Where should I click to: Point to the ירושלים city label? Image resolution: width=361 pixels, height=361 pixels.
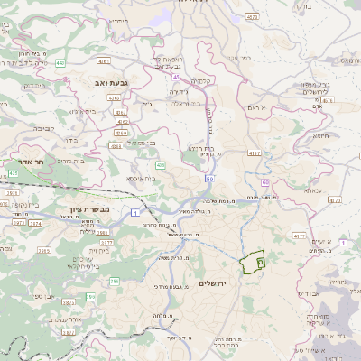click(214, 283)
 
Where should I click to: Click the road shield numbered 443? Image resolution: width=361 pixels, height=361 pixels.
click(60, 62)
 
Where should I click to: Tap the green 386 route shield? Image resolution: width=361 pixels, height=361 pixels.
click(115, 282)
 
